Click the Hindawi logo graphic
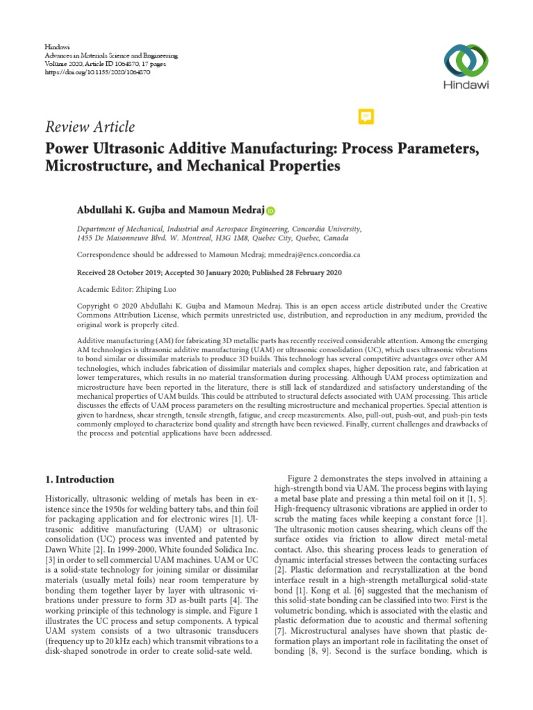(466, 60)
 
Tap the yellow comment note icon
(366, 116)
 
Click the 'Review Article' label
(90, 127)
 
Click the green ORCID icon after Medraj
(269, 211)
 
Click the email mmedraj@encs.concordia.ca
(307, 254)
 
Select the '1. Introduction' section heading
(80, 479)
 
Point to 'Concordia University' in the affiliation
(326, 227)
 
